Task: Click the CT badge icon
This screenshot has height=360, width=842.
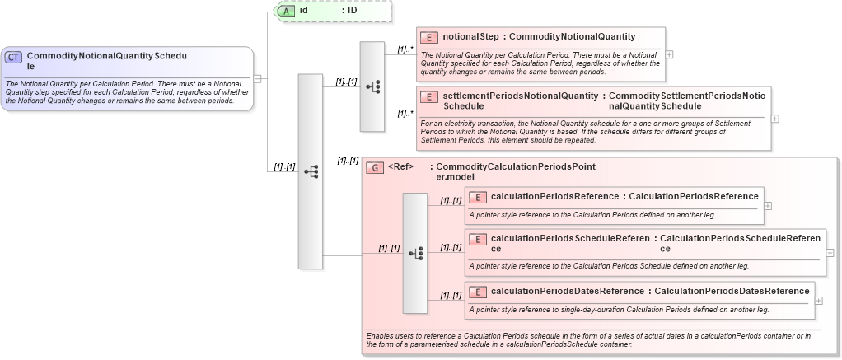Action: (x=14, y=57)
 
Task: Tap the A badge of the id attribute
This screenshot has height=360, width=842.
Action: (x=286, y=12)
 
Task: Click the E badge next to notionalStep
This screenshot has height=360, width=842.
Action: (x=428, y=37)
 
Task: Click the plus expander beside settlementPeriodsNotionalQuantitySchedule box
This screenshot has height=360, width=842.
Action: (x=775, y=119)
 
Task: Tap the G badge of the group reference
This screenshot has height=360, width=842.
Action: (x=375, y=167)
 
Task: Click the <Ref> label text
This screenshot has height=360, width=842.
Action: (x=400, y=167)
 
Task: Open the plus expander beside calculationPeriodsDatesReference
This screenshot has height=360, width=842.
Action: (x=819, y=301)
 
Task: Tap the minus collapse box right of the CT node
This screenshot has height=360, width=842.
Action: (x=258, y=79)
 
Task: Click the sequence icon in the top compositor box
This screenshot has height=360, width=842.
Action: (x=372, y=86)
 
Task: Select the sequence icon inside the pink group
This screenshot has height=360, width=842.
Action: (x=415, y=252)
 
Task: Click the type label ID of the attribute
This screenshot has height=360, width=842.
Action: (x=352, y=12)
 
